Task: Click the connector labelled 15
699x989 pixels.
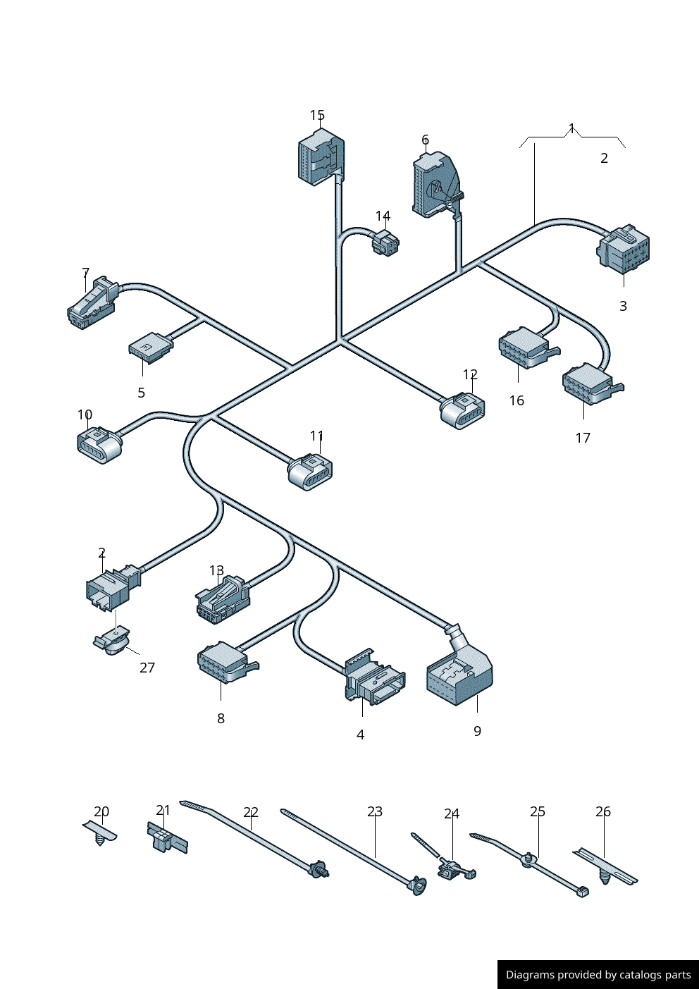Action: (x=321, y=159)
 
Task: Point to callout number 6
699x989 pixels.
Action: (x=425, y=140)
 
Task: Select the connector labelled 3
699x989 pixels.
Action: (x=624, y=249)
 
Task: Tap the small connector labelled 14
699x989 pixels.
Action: (x=385, y=242)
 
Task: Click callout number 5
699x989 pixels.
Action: (x=141, y=393)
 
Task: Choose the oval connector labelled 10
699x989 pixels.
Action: (x=99, y=444)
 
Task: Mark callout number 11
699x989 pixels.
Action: (x=317, y=436)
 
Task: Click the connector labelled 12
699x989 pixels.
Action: (x=462, y=411)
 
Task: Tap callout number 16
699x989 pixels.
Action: (x=516, y=400)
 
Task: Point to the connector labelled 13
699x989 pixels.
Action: (x=222, y=600)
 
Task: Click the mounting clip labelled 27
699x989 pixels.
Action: (x=113, y=641)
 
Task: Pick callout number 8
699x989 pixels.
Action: (x=221, y=718)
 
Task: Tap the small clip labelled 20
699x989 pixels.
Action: (x=100, y=833)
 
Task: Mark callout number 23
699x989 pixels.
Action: (x=375, y=812)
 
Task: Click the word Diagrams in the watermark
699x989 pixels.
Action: (x=529, y=975)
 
